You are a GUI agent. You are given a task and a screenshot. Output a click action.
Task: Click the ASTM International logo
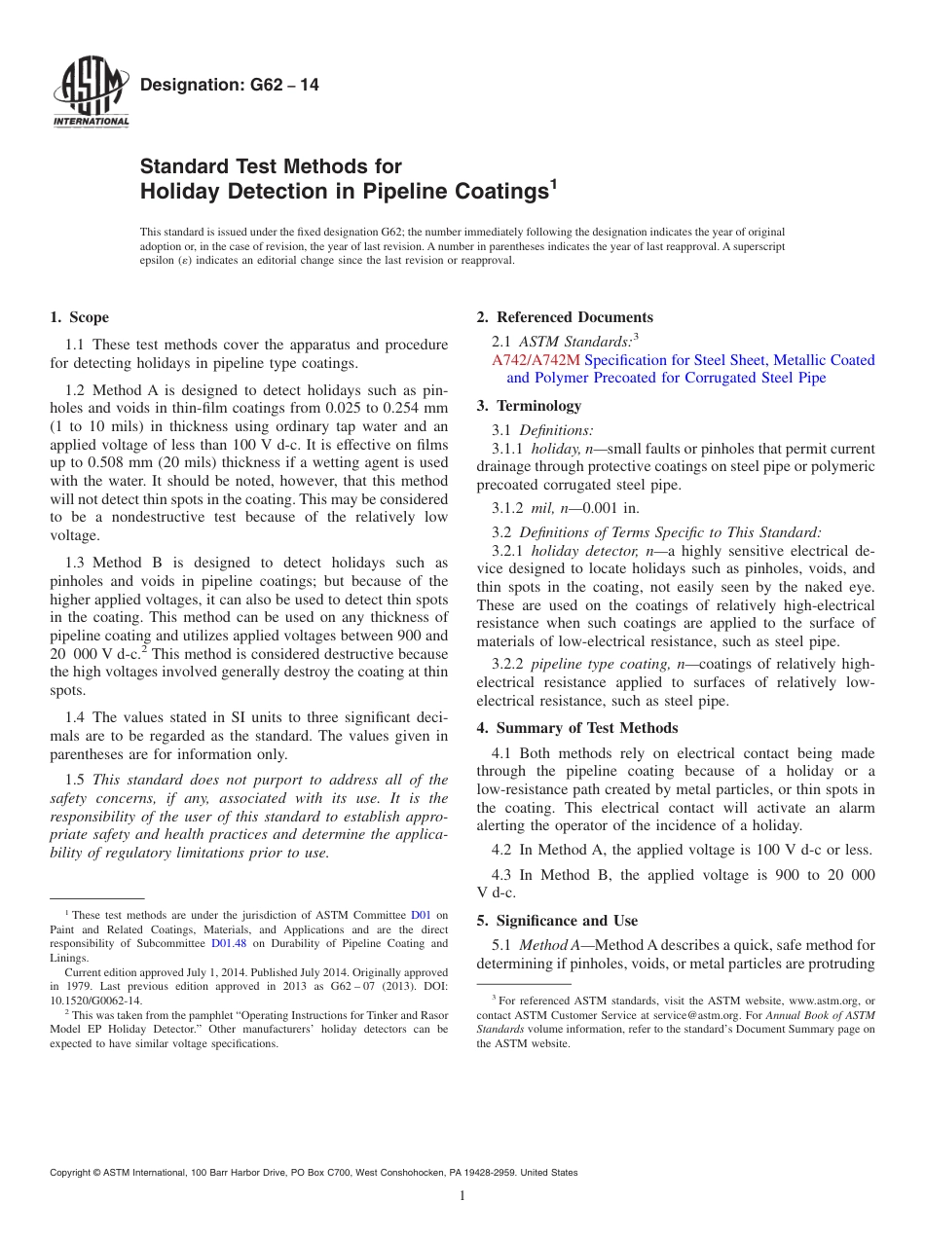(x=91, y=95)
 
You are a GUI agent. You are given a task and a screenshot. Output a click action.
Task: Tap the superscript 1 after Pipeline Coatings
(x=554, y=182)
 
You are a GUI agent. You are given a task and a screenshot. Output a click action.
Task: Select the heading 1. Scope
(x=80, y=317)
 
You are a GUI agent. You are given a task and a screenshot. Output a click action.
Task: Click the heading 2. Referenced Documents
(x=565, y=317)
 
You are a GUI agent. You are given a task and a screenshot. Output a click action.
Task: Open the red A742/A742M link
(x=537, y=360)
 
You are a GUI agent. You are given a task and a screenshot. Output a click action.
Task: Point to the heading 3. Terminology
(x=529, y=406)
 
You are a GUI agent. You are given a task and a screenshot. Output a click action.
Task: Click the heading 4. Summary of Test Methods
(x=577, y=728)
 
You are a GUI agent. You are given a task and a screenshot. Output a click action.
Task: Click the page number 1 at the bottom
(x=462, y=1195)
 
